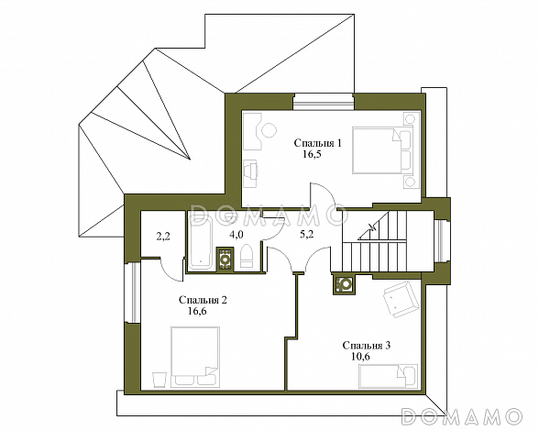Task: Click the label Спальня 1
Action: (x=318, y=143)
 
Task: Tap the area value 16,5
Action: (x=312, y=154)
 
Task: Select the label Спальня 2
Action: (x=203, y=300)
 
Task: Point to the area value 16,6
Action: (x=197, y=311)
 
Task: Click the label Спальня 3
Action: (x=367, y=346)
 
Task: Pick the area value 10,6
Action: (x=360, y=357)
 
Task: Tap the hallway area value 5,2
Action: (x=306, y=235)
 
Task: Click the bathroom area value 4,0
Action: (x=236, y=235)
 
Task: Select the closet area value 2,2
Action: (x=163, y=237)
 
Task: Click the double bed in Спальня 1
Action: (x=382, y=150)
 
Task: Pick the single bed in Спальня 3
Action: (x=388, y=376)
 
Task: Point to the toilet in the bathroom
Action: (x=247, y=256)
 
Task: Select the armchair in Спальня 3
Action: (x=401, y=299)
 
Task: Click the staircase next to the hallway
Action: (x=375, y=241)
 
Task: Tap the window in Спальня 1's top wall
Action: (x=324, y=102)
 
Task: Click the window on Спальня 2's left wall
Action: (x=133, y=293)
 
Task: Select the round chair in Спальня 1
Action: (x=269, y=130)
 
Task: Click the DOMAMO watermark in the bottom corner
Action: (x=462, y=415)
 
